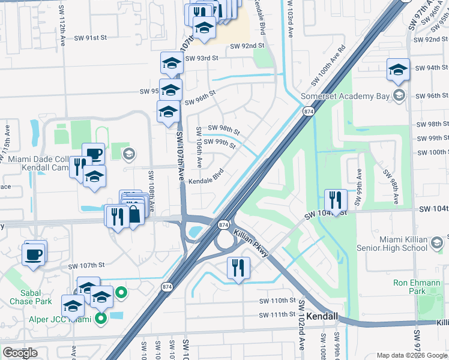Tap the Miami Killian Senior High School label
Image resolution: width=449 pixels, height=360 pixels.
(398, 243)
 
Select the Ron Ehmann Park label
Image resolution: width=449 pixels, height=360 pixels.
(417, 287)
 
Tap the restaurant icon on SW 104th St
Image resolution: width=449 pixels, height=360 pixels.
(336, 200)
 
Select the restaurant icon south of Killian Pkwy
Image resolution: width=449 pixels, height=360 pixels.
(238, 268)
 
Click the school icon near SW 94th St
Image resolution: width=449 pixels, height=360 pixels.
(398, 70)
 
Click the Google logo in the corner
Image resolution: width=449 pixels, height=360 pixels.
(20, 353)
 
